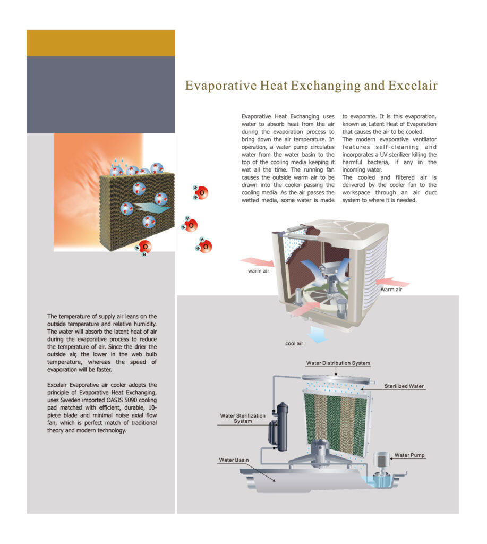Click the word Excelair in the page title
click(x=413, y=86)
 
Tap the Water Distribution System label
click(x=338, y=363)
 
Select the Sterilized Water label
click(x=404, y=386)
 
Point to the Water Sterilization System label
click(x=243, y=419)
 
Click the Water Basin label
click(x=234, y=460)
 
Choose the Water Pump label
click(x=409, y=455)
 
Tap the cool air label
click(x=294, y=344)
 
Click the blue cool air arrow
click(x=318, y=334)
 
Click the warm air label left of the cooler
click(x=259, y=271)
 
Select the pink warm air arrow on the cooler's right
click(x=392, y=282)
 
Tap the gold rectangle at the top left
click(x=100, y=43)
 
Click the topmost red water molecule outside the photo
click(x=201, y=192)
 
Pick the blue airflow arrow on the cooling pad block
click(x=151, y=208)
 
